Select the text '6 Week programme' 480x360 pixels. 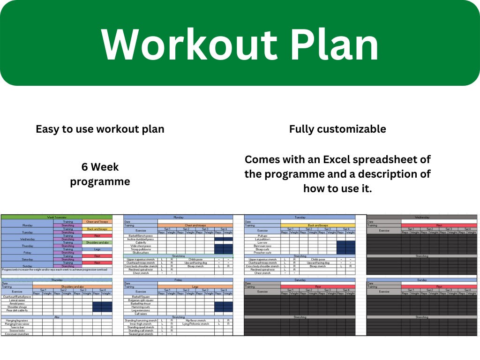[100, 174]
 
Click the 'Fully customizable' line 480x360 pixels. [337, 129]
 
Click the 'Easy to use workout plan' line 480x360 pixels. [100, 129]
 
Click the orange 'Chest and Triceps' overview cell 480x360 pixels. [97, 222]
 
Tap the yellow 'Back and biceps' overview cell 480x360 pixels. [97, 229]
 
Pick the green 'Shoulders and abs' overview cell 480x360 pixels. [97, 242]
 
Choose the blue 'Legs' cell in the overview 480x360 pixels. [97, 249]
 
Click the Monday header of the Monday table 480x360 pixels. [178, 217]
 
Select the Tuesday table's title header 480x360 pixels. [300, 217]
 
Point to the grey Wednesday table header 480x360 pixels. [422, 217]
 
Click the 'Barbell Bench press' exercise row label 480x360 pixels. [141, 236]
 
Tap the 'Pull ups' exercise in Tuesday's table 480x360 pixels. [262, 236]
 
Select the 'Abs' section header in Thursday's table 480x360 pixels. [57, 317]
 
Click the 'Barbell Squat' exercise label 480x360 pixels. [141, 297]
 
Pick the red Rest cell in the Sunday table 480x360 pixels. [439, 287]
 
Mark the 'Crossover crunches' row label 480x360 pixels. [17, 334]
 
